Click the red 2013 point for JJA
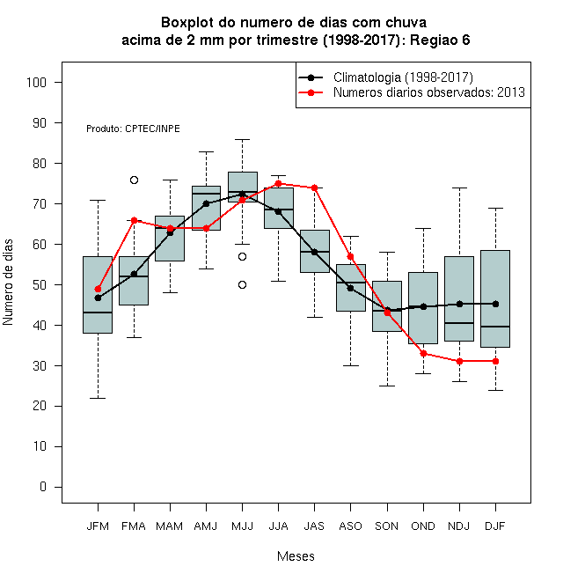278,183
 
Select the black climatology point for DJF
495,305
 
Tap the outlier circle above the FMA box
134,180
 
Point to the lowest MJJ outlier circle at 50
242,285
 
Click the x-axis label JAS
314,526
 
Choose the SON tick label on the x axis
387,526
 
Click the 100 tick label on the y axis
36,82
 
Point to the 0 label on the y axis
43,487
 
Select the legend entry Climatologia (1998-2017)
403,77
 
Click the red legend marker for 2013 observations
311,92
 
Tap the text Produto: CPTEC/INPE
134,129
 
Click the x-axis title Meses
296,556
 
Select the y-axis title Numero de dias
8,283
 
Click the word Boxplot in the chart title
187,23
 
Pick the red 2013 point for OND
423,354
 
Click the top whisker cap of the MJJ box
242,140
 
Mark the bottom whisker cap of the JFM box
98,398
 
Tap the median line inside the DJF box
495,327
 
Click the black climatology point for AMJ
207,204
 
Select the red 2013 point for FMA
134,220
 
